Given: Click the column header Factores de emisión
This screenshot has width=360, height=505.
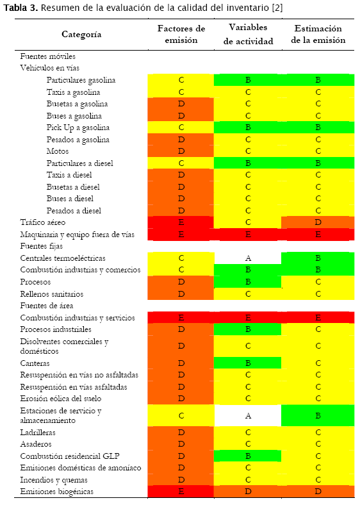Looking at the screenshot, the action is pyautogui.click(x=181, y=34).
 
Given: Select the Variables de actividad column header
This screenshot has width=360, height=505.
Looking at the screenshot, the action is pyautogui.click(x=248, y=34).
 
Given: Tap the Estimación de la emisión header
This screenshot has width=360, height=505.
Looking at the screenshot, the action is pyautogui.click(x=318, y=34).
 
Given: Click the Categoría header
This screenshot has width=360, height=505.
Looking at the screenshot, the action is pyautogui.click(x=81, y=34).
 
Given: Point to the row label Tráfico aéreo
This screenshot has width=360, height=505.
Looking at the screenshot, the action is pyautogui.click(x=43, y=222).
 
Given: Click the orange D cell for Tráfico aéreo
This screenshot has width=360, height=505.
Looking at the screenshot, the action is pyautogui.click(x=318, y=222).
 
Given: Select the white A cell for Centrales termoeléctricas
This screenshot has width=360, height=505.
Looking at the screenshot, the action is pyautogui.click(x=248, y=258).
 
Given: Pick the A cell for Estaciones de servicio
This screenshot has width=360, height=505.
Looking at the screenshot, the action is pyautogui.click(x=248, y=416).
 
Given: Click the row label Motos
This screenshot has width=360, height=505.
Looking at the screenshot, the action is pyautogui.click(x=58, y=151).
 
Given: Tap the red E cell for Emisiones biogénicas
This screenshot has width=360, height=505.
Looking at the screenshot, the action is pyautogui.click(x=181, y=492).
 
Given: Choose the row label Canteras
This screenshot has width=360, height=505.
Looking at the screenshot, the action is pyautogui.click(x=35, y=363).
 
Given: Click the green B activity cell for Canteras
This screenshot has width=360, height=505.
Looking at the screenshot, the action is pyautogui.click(x=248, y=363).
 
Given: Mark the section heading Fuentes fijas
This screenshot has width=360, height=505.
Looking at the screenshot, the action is pyautogui.click(x=42, y=246).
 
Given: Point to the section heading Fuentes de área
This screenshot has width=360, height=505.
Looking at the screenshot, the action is pyautogui.click(x=47, y=306).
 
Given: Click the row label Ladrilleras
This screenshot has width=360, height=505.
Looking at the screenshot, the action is pyautogui.click(x=38, y=432).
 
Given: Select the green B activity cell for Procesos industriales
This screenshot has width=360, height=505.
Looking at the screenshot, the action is pyautogui.click(x=248, y=329).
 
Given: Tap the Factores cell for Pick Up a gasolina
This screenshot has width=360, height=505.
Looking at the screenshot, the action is pyautogui.click(x=181, y=128).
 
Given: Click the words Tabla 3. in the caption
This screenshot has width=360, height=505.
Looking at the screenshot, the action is pyautogui.click(x=20, y=8).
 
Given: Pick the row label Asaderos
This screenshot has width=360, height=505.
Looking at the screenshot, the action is pyautogui.click(x=36, y=444).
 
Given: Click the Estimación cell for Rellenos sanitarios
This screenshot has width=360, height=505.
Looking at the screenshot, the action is pyautogui.click(x=318, y=294).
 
